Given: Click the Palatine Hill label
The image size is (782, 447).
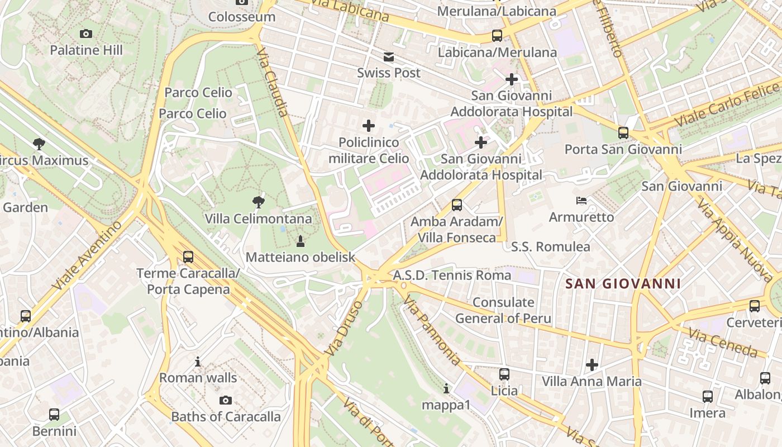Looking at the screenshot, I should coord(86,50).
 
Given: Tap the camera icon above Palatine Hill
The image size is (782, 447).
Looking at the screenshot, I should coord(86,34).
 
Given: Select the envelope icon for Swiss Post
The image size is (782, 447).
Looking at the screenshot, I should coord(389,56).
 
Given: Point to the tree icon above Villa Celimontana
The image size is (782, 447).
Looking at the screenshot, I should coord(259,202).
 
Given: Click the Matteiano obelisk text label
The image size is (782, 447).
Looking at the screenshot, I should coord(301,258).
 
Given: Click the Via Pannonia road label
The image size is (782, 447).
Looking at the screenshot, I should coord(431,332).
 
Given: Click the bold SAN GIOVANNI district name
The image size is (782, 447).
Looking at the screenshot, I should coord(623,284).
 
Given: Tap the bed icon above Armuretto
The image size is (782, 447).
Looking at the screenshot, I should coord(581,200).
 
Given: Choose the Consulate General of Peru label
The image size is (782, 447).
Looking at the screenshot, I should coord(503,311).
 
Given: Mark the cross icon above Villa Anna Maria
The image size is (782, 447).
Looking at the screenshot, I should coord(592,365).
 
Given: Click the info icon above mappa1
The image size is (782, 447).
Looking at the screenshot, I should coord(446,388).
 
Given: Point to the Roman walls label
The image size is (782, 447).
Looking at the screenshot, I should coord(198,378).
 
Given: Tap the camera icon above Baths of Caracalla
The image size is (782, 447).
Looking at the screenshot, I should coord(226,400).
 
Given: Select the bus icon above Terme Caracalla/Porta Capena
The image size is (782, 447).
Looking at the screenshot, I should coord(188,257).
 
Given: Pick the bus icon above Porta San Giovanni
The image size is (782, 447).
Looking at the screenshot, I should coord(623,133).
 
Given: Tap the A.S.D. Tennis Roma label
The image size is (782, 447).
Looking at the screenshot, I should coord(452,275).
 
